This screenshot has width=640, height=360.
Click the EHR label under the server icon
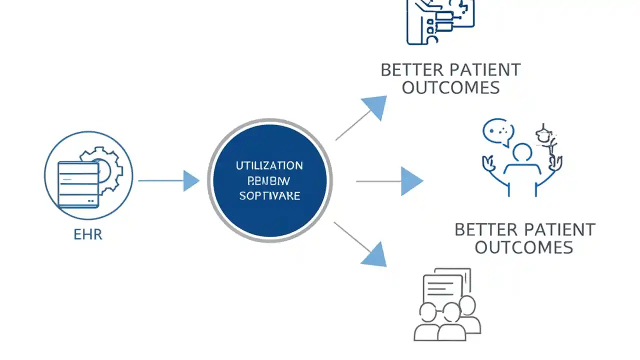pyautogui.click(x=87, y=234)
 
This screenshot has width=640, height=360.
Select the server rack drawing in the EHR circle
pyautogui.click(x=78, y=183)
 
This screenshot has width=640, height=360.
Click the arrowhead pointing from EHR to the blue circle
pyautogui.click(x=191, y=180)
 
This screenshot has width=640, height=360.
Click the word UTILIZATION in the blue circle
pyautogui.click(x=269, y=165)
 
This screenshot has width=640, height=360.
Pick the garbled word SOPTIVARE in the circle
pyautogui.click(x=269, y=195)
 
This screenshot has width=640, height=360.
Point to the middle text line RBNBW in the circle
pyautogui.click(x=269, y=180)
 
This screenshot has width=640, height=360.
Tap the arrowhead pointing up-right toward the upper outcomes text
pyautogui.click(x=376, y=106)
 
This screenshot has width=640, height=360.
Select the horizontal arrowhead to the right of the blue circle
pyautogui.click(x=411, y=181)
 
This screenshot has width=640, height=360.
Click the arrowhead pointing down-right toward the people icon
pyautogui.click(x=375, y=255)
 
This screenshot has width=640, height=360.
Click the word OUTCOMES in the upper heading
pyautogui.click(x=450, y=87)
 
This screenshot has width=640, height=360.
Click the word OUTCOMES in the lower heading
pyautogui.click(x=523, y=247)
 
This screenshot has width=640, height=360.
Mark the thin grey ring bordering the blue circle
pyautogui.click(x=209, y=180)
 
